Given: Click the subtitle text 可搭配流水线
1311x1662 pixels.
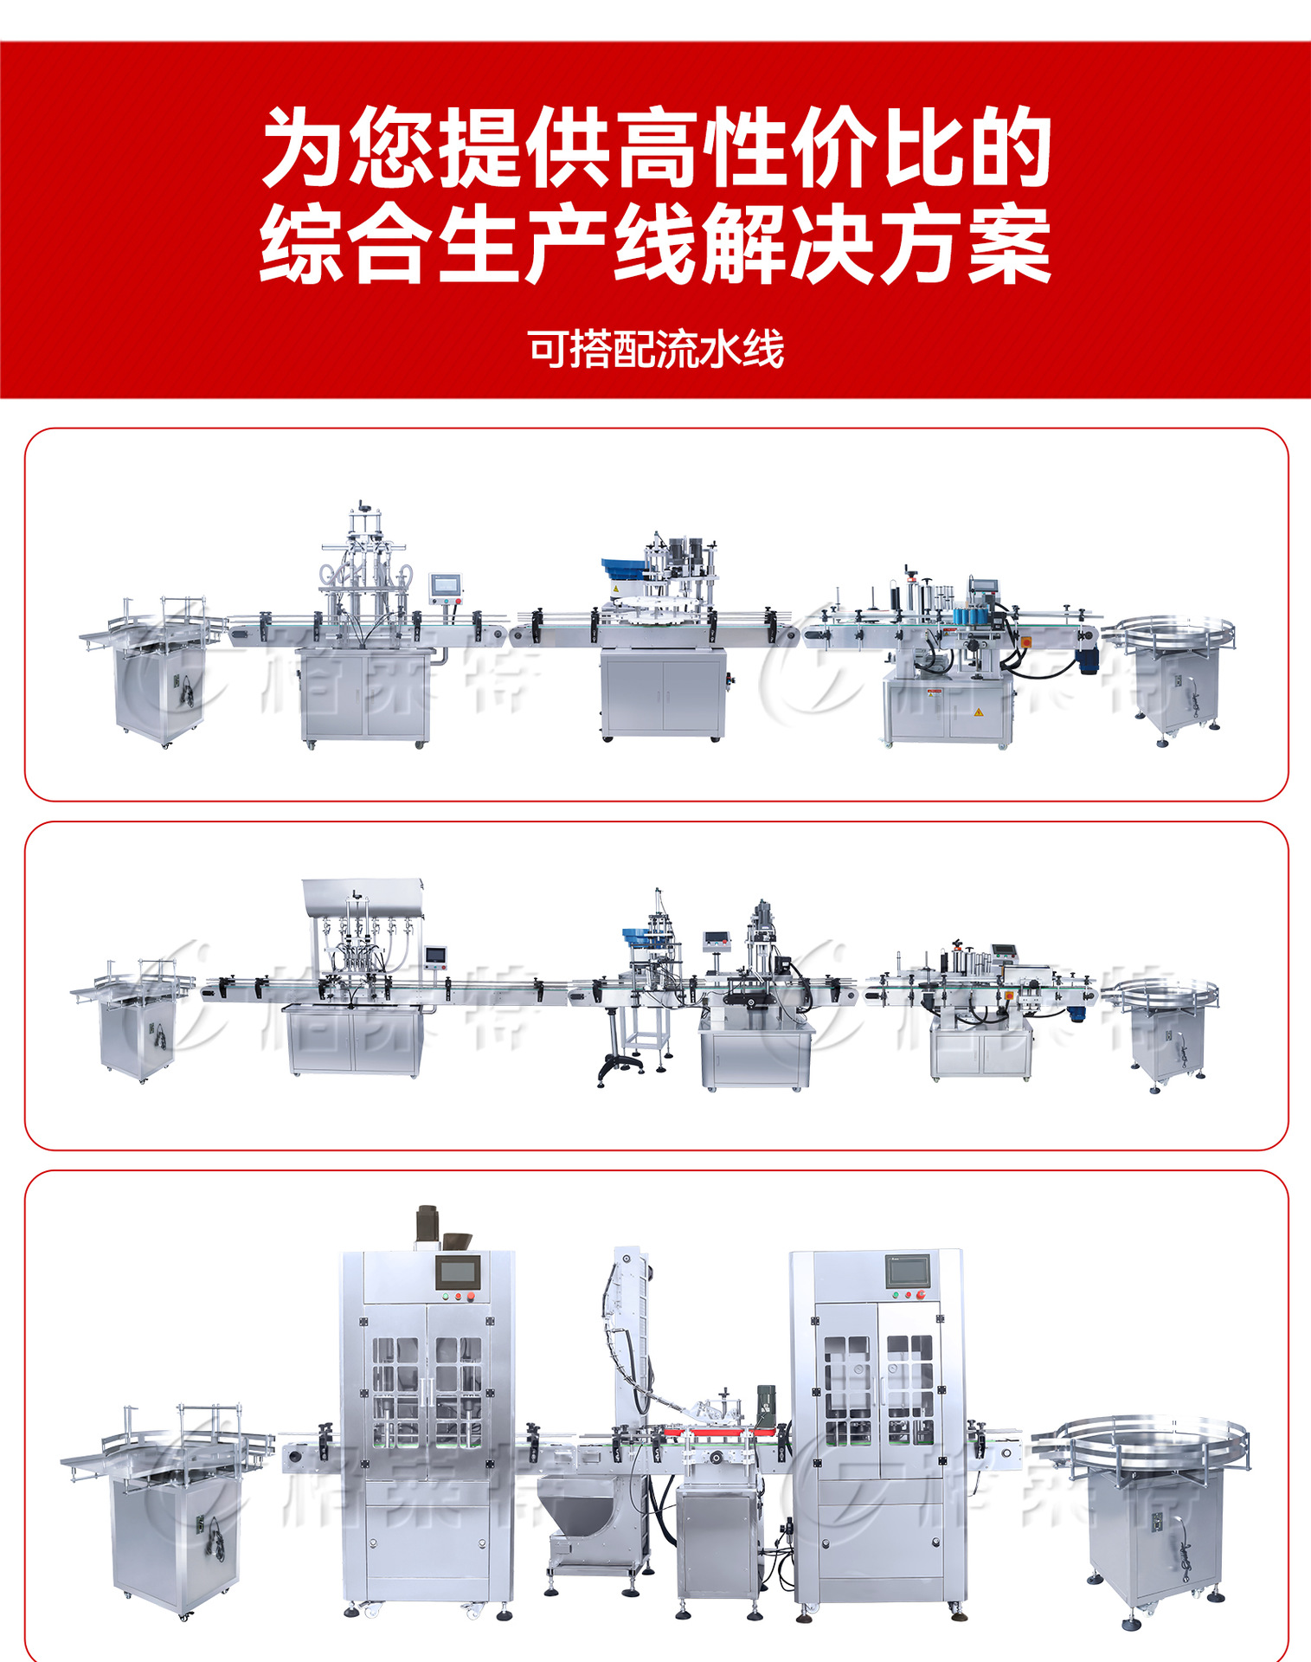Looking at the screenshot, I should (x=656, y=350).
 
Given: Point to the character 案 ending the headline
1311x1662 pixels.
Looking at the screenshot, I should (x=1009, y=244).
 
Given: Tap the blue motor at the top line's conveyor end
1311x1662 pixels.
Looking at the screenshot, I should (x=1089, y=662).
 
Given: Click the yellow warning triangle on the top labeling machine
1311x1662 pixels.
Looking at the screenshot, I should (x=979, y=712).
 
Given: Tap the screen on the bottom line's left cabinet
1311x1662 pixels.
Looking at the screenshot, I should (x=457, y=1272).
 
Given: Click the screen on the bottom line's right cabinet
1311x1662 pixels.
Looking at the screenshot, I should (x=907, y=1272).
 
